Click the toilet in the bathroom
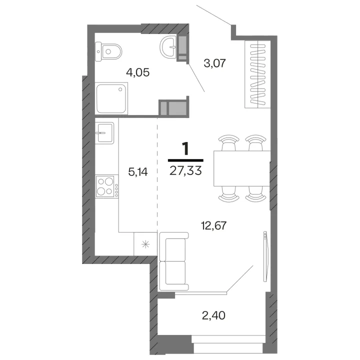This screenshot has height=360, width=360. [x=108, y=51]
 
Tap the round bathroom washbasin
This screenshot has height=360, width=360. [x=168, y=47]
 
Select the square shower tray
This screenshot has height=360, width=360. [x=111, y=98]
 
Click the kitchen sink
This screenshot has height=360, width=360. [x=104, y=133]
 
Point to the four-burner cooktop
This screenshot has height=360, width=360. [x=107, y=186]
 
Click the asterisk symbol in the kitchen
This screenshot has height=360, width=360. [x=145, y=244]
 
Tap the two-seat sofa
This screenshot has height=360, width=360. [x=174, y=261]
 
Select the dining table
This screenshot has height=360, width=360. [x=242, y=168]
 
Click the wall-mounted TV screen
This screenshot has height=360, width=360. [x=266, y=256]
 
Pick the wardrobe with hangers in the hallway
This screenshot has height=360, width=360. [x=257, y=74]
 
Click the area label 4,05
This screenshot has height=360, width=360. [x=138, y=73]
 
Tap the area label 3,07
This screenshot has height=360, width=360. [x=215, y=63]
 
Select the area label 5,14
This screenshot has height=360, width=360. [x=138, y=172]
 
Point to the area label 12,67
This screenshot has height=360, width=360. [x=214, y=226]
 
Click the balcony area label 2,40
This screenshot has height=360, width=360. [x=213, y=316]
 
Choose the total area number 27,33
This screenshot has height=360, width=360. [x=185, y=171]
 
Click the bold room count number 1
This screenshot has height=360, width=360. [x=185, y=148]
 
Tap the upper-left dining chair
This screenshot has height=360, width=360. [x=229, y=142]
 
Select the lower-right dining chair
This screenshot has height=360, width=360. [x=255, y=194]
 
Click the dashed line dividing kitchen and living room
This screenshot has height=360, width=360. [x=157, y=175]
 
